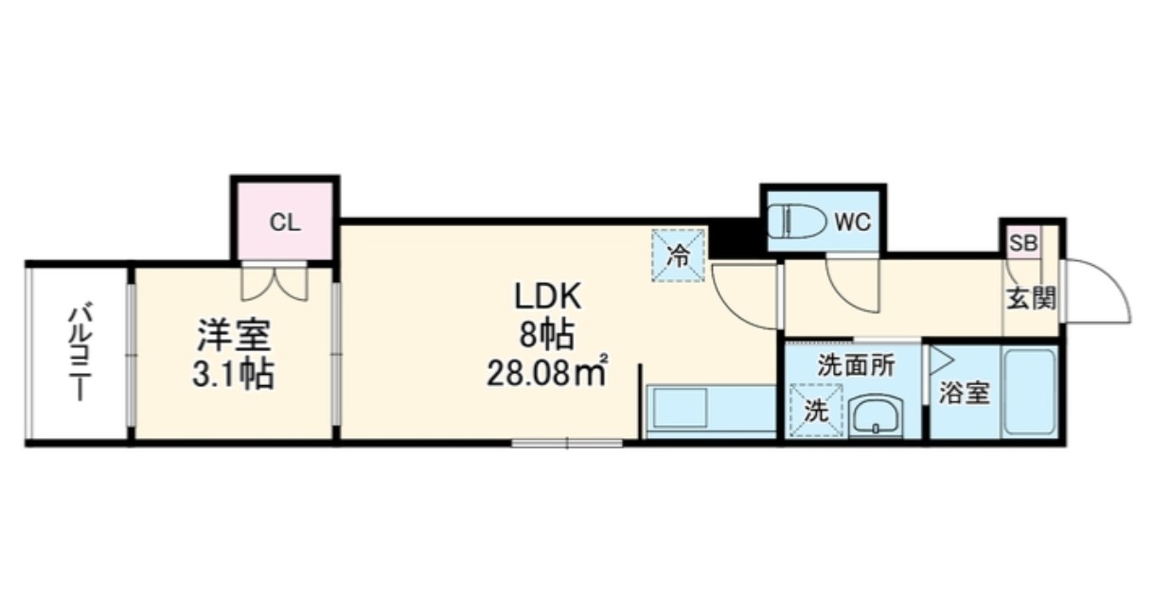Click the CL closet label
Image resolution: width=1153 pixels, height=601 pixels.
tap(285, 222)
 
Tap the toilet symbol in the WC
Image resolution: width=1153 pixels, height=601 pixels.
tap(797, 221)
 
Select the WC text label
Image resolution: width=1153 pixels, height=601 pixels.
tap(853, 222)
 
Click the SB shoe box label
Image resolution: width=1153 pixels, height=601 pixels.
tap(1023, 243)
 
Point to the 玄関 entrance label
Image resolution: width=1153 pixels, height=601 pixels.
tap(1031, 298)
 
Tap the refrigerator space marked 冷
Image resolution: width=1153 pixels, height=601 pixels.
tap(678, 256)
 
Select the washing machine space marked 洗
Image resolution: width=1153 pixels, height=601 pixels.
tap(816, 411)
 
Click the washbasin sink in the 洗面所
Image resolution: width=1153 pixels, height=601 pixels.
tap(876, 415)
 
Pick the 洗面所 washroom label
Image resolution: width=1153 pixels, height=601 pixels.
tap(857, 366)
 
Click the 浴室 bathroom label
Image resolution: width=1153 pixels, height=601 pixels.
tap(965, 394)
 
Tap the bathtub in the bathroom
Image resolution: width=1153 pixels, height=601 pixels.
tap(1030, 392)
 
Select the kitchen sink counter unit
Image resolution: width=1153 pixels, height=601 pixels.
tap(711, 410)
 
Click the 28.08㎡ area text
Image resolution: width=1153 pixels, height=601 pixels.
tap(547, 373)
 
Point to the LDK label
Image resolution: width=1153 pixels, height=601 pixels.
tap(548, 295)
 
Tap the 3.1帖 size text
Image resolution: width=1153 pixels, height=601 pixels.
tap(233, 374)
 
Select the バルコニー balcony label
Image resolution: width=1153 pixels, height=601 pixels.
tap(80, 353)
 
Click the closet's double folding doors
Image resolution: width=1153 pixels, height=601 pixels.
tap(275, 282)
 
